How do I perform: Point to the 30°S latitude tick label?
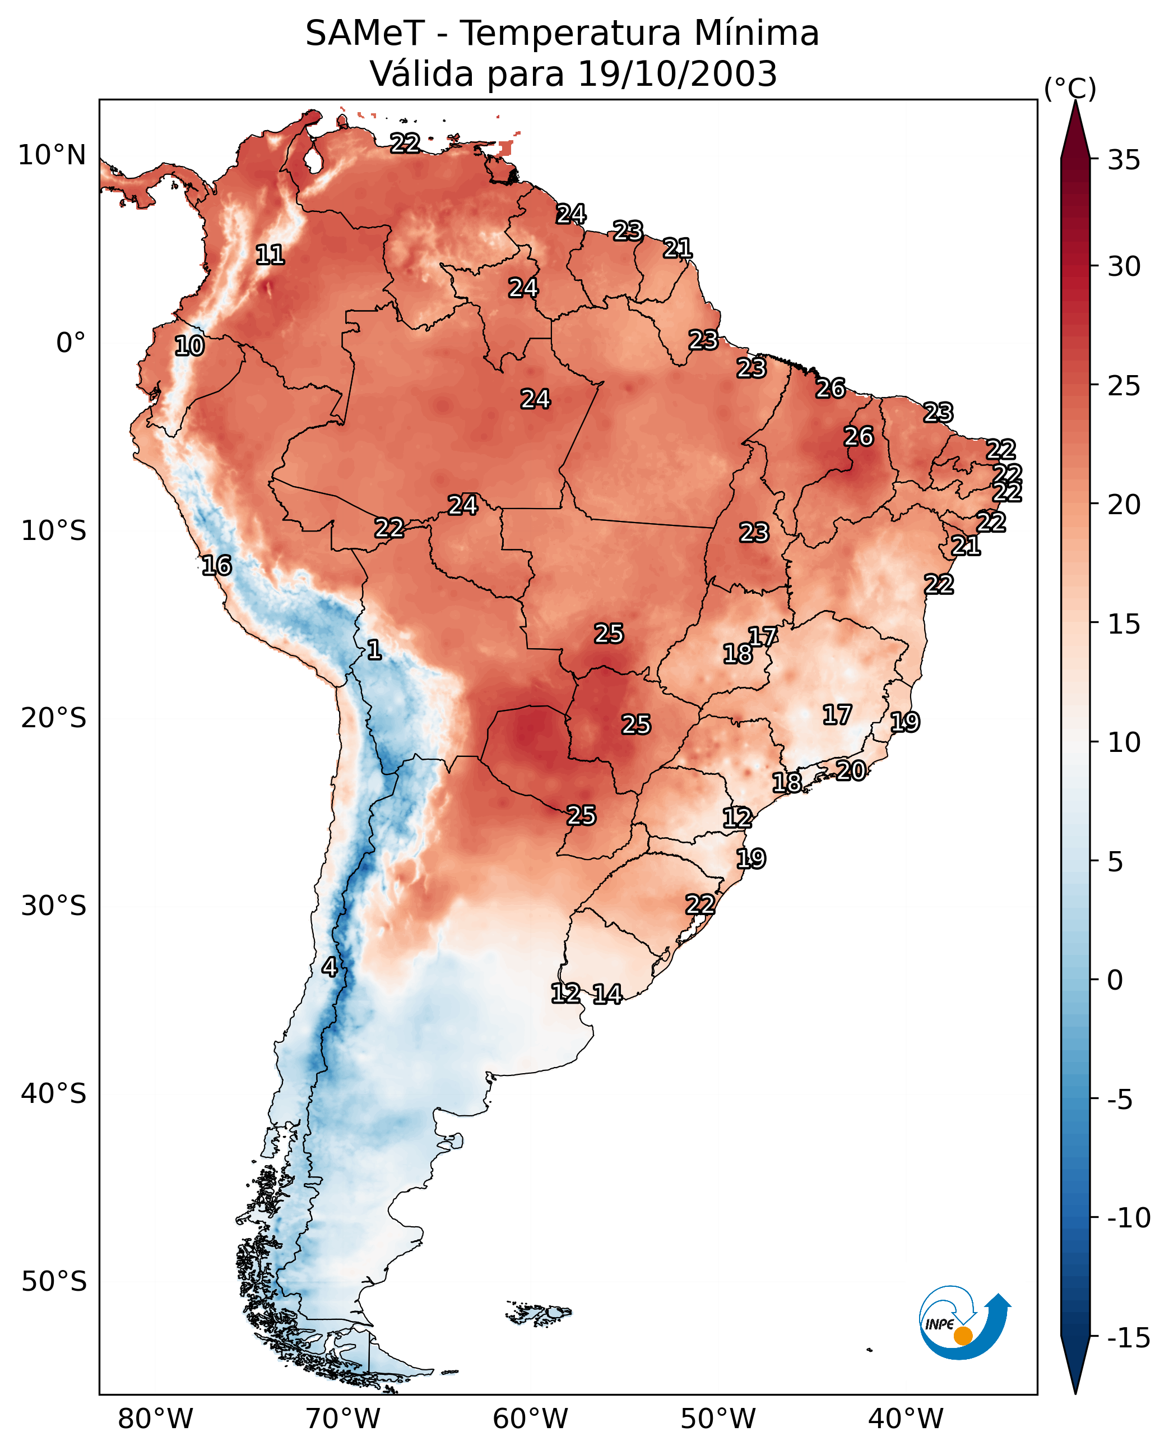click(54, 906)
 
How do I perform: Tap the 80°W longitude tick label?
click(156, 1419)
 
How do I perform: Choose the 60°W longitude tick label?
click(531, 1419)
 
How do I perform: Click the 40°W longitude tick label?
click(906, 1419)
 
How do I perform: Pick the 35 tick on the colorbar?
click(1124, 160)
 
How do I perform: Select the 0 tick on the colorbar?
click(1115, 980)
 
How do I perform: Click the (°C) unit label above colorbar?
click(1070, 88)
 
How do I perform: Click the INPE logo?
click(964, 1323)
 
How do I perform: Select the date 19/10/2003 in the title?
click(678, 74)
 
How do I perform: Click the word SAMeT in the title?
click(365, 34)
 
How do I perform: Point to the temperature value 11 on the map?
click(270, 255)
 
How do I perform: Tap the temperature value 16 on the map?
click(217, 565)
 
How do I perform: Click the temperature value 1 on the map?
click(374, 650)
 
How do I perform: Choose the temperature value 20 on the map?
click(851, 771)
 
